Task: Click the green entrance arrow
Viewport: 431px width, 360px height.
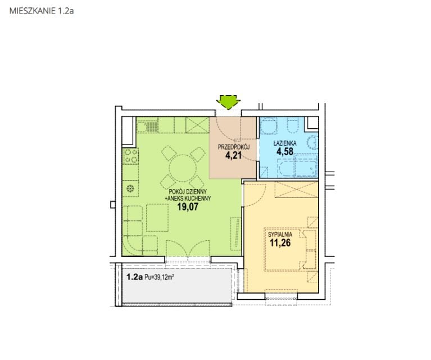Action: [x=228, y=102]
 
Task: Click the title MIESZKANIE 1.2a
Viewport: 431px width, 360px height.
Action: [x=42, y=11]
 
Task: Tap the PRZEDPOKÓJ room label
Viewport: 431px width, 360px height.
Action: [x=234, y=147]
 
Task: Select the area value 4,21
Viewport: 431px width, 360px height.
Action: [x=234, y=155]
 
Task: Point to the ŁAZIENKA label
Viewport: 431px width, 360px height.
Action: [x=285, y=143]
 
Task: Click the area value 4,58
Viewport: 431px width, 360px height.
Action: [x=285, y=151]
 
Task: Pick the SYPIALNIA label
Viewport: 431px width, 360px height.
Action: [x=280, y=235]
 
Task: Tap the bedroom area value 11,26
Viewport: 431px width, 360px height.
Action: [x=280, y=243]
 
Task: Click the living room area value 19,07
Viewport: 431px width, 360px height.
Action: [x=188, y=206]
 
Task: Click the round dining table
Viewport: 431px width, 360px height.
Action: [x=183, y=168]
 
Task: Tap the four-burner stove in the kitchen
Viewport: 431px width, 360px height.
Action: [x=130, y=156]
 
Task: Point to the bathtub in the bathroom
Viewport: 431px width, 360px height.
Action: [x=298, y=166]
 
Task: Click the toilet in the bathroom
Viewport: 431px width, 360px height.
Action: [x=293, y=125]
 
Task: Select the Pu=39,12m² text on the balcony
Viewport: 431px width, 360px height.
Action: [x=159, y=277]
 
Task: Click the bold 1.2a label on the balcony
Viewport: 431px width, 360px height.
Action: [x=134, y=277]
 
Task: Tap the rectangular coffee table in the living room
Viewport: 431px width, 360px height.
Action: [x=157, y=218]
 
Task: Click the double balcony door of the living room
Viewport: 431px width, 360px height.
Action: [x=188, y=249]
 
